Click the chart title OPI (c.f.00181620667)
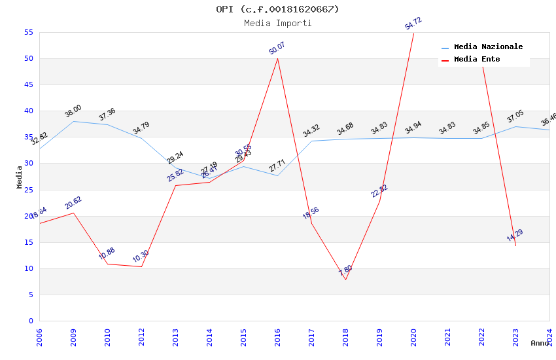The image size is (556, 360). (277, 9)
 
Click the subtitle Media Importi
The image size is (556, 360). (277, 24)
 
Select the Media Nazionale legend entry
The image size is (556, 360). (488, 47)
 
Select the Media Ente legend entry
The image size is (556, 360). (477, 60)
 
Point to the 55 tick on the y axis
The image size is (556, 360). (28, 32)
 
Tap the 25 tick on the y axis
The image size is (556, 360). (28, 190)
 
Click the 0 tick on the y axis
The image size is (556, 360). (31, 321)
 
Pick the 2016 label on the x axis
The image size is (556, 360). (277, 338)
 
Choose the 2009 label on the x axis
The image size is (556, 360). (73, 338)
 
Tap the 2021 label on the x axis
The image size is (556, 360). (447, 338)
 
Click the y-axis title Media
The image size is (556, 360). (19, 177)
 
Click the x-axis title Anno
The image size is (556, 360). (540, 343)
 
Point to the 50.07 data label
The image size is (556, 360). (277, 48)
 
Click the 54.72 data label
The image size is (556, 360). (413, 24)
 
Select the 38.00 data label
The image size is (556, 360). (73, 111)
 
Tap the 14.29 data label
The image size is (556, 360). (515, 236)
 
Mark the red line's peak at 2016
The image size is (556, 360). (277, 58)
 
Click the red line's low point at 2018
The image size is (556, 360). (345, 280)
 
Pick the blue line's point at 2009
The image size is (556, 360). (73, 121)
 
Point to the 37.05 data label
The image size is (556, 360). (515, 117)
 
